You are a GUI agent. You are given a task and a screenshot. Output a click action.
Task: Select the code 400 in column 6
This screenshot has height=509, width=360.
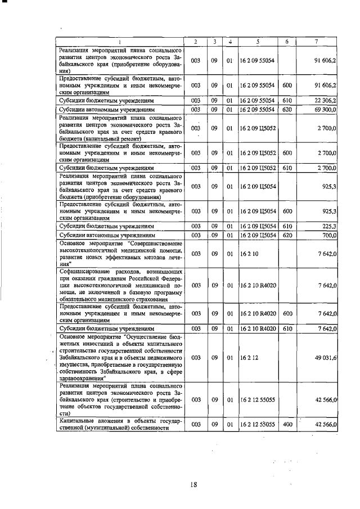[x=287, y=424]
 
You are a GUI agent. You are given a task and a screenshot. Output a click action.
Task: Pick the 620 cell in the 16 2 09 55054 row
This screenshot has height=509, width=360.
[x=287, y=109]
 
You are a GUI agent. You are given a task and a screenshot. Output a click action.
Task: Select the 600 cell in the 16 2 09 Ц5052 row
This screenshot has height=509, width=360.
[x=287, y=152]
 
